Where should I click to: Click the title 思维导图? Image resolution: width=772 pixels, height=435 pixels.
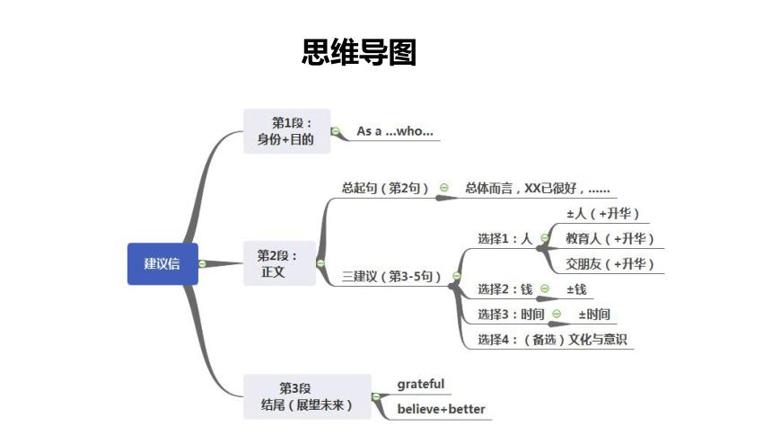point(359,53)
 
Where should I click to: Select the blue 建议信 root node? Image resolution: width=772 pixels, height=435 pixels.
point(162,263)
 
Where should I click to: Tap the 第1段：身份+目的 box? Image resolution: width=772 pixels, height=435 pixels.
point(286,131)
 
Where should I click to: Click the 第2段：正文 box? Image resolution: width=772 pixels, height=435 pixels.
point(280,263)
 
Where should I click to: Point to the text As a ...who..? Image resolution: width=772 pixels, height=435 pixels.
point(395,131)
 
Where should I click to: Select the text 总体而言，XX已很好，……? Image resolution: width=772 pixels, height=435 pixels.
point(537,189)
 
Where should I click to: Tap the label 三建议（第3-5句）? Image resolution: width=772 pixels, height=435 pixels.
point(392,276)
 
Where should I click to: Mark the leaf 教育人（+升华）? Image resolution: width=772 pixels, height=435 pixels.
point(610,238)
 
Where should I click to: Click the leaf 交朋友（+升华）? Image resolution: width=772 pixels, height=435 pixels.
point(610,263)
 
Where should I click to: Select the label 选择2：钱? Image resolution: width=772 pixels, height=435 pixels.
point(505,289)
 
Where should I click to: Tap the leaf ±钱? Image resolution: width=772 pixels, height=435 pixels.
point(576,289)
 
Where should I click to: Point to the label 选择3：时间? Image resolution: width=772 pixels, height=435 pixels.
point(511,314)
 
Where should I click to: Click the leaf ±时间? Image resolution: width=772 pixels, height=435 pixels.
point(594,314)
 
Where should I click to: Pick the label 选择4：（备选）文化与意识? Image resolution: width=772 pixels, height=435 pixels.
point(551,339)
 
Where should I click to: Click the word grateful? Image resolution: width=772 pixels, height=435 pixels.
point(421,385)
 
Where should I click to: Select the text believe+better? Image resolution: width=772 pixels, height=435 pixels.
point(441,410)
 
